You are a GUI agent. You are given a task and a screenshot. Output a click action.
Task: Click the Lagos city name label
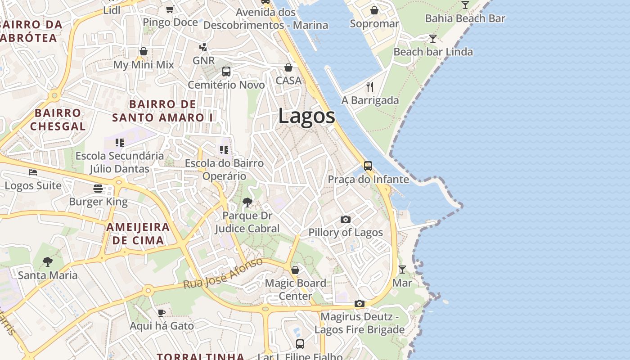coord(306,116)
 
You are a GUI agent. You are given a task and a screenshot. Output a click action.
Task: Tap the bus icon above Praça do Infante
coord(368,166)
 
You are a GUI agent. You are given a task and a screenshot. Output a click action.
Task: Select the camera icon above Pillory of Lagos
coord(345,219)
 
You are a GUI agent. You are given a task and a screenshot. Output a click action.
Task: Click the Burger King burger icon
coord(98,188)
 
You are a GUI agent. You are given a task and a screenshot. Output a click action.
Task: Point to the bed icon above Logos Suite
coord(33,172)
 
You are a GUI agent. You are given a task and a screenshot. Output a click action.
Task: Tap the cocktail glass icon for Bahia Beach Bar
coord(465,5)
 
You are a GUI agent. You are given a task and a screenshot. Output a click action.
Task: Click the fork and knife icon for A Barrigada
coord(370,86)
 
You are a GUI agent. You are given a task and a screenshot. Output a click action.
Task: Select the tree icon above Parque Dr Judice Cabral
coord(247,202)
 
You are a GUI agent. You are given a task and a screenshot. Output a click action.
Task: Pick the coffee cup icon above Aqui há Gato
coord(162,312)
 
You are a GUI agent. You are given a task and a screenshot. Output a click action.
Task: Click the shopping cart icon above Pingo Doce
coord(170,9)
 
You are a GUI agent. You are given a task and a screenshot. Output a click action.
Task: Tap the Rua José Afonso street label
coord(223,273)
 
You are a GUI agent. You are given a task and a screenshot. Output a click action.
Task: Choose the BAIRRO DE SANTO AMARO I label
coord(163,111)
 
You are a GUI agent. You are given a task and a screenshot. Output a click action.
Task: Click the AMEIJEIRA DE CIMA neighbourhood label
coord(138,234)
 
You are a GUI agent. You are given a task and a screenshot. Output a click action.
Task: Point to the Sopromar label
coord(374,24)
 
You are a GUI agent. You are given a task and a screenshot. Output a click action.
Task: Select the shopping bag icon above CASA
coord(288,67)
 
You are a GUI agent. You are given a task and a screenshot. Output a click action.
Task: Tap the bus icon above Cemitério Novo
coord(226,71)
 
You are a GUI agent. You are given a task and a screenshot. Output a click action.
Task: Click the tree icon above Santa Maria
coord(47,261)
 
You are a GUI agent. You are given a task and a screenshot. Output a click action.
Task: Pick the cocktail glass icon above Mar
coord(402,269)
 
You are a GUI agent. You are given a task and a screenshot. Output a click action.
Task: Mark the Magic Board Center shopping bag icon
coord(295,270)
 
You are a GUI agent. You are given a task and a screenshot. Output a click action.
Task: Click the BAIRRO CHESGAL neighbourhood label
coord(58,119)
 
